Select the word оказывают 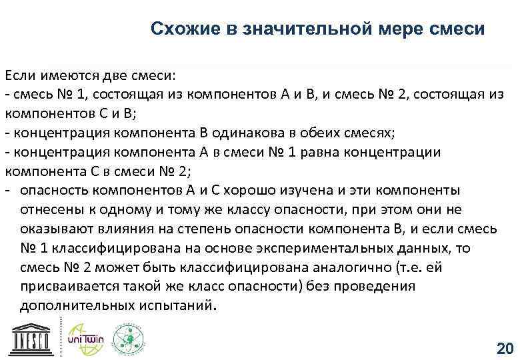51,229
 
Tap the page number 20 504,348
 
